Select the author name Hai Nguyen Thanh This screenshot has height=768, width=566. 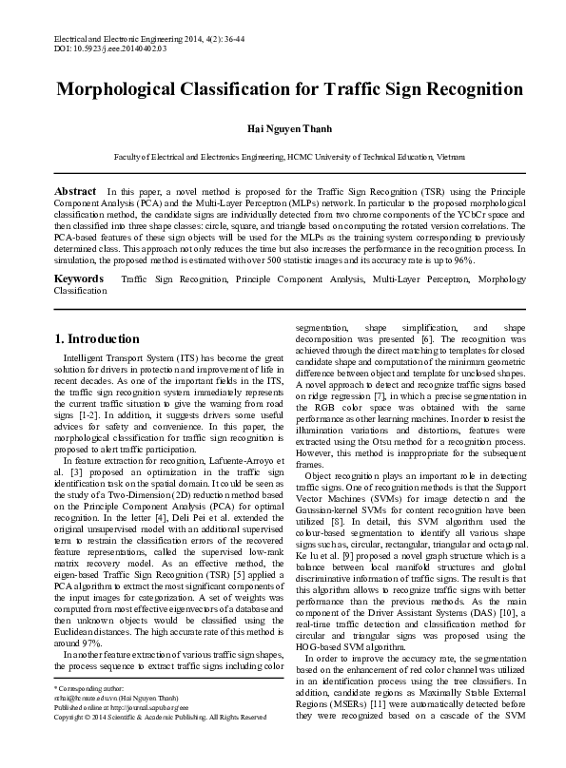tap(283, 131)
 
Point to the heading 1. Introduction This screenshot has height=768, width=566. tap(97, 339)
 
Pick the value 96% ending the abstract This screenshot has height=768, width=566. tap(490, 259)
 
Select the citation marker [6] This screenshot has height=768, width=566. tap(428, 339)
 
